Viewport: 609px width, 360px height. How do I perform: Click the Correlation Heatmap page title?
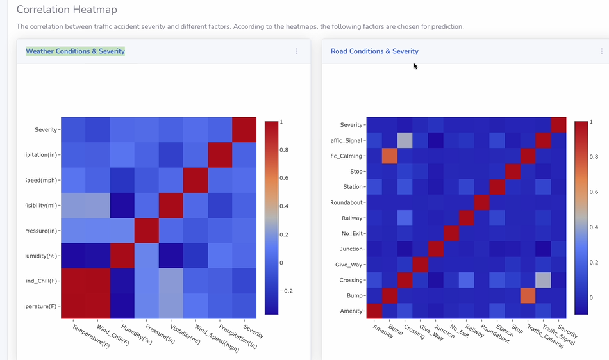pyautogui.click(x=67, y=10)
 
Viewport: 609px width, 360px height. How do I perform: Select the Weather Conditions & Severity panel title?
pyautogui.click(x=75, y=51)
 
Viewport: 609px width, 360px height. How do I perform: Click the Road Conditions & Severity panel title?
pyautogui.click(x=374, y=51)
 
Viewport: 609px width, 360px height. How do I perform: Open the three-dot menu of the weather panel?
pyautogui.click(x=296, y=51)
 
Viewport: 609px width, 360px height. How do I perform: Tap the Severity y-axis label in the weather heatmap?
pyautogui.click(x=46, y=129)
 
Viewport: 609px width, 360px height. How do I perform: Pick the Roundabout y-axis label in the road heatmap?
pyautogui.click(x=347, y=202)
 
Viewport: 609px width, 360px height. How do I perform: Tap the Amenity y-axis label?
pyautogui.click(x=351, y=311)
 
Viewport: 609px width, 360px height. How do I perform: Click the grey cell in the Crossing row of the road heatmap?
pyautogui.click(x=543, y=280)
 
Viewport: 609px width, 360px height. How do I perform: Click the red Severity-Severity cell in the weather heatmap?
pyautogui.click(x=244, y=129)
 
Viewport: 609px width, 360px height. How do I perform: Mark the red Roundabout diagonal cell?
pyautogui.click(x=481, y=202)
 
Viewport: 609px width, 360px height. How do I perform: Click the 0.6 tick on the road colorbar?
pyautogui.click(x=593, y=192)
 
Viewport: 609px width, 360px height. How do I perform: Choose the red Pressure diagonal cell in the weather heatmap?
pyautogui.click(x=146, y=231)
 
